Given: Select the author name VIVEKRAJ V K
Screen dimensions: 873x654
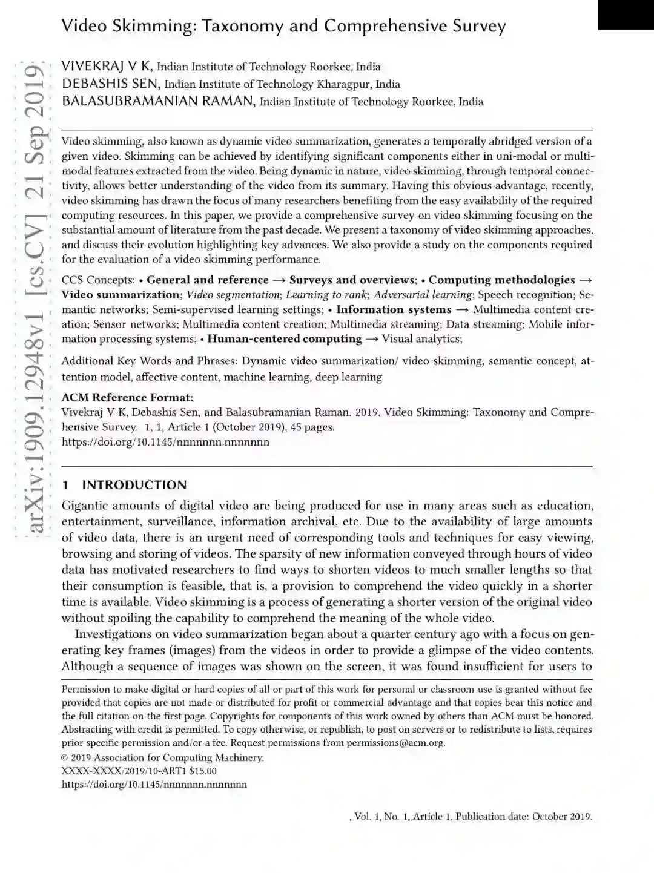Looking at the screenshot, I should pyautogui.click(x=107, y=67).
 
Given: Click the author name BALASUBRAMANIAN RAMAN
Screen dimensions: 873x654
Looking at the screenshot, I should pyautogui.click(x=157, y=101).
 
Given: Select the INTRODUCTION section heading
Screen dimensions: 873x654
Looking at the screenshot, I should pyautogui.click(x=134, y=485).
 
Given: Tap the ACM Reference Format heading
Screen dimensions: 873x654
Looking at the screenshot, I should pyautogui.click(x=127, y=397).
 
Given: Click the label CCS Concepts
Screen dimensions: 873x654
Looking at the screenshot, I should pyautogui.click(x=98, y=280).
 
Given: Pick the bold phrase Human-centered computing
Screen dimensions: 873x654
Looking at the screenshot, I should pyautogui.click(x=285, y=339).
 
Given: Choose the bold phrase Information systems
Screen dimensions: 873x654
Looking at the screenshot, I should pyautogui.click(x=394, y=309).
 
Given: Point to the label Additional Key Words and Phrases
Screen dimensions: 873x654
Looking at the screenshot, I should pyautogui.click(x=148, y=361).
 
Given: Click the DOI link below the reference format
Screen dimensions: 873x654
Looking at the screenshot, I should pyautogui.click(x=165, y=441).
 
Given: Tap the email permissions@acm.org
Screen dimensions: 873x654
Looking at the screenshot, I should pyautogui.click(x=395, y=743).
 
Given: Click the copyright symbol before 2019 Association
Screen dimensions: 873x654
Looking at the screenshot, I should pyautogui.click(x=65, y=757).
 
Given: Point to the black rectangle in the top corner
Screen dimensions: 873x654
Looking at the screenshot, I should pyautogui.click(x=626, y=15).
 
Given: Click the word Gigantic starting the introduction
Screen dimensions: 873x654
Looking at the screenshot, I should pyautogui.click(x=86, y=506).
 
